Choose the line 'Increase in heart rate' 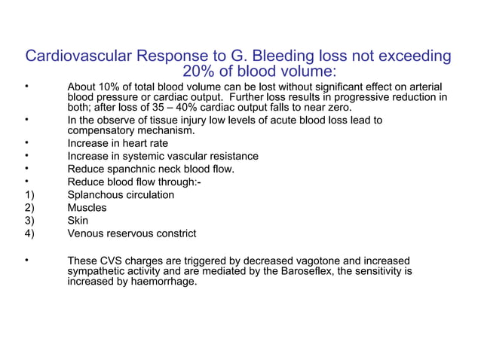pos(118,143)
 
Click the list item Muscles pos(87,207)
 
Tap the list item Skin pos(78,220)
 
